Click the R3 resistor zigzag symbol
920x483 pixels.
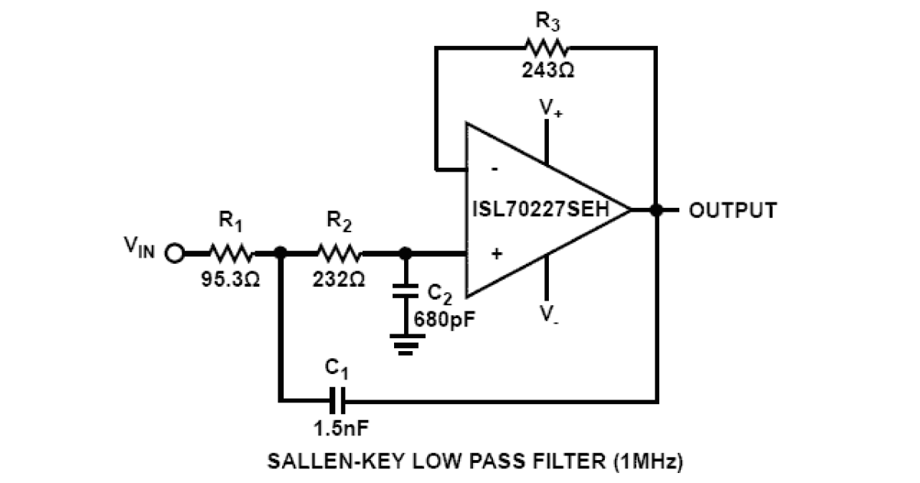pyautogui.click(x=545, y=48)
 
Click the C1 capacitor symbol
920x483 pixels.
pyautogui.click(x=337, y=399)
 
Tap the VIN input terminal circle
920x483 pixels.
pyautogui.click(x=175, y=252)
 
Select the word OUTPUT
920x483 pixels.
pyautogui.click(x=733, y=209)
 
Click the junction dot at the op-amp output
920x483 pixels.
pyautogui.click(x=655, y=209)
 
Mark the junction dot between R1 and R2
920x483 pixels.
pyautogui.click(x=281, y=252)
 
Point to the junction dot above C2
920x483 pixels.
pyautogui.click(x=406, y=252)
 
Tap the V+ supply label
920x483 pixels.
pyautogui.click(x=549, y=107)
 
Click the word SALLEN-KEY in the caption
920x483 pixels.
pyautogui.click(x=317, y=462)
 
